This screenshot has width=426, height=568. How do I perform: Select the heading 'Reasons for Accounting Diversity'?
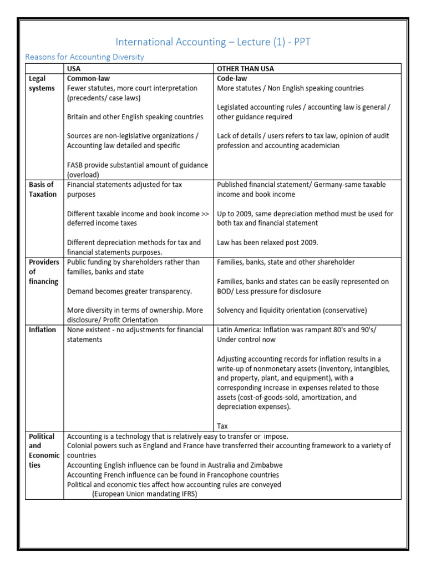point(85,57)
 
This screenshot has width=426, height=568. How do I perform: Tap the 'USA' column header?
point(74,69)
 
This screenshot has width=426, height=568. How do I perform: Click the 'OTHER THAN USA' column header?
point(245,69)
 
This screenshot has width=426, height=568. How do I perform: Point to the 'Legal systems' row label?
point(42,83)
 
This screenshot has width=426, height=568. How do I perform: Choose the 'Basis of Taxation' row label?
point(42,189)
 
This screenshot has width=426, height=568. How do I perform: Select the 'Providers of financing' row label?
point(44,272)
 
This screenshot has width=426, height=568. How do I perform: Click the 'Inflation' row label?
point(42,330)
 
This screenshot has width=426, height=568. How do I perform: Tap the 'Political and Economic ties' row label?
point(44,450)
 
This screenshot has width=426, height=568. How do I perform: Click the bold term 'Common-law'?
point(88,79)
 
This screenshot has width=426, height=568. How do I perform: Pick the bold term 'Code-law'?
point(232,79)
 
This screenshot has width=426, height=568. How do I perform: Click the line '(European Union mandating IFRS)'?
point(145,494)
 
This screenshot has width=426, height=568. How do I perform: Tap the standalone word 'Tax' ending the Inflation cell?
point(222,426)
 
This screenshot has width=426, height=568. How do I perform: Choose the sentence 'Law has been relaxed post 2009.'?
point(268,242)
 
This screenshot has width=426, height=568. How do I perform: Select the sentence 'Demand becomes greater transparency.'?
point(129,291)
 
